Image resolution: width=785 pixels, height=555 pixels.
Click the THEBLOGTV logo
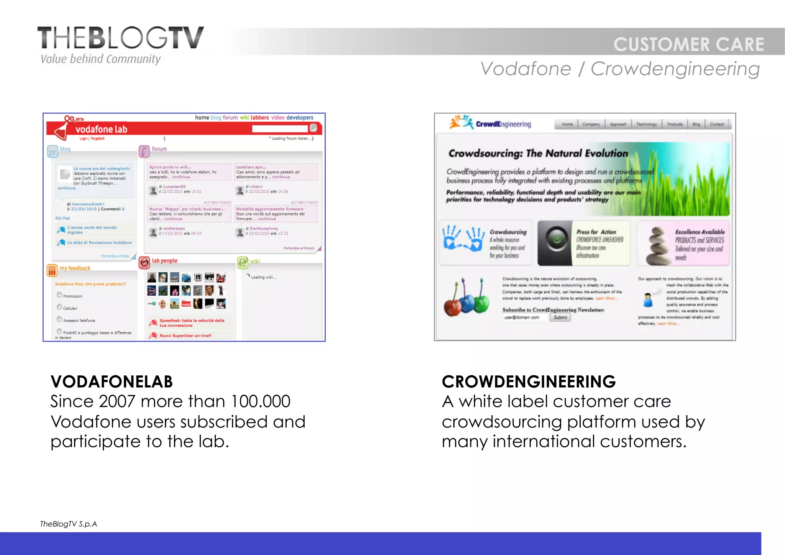120,38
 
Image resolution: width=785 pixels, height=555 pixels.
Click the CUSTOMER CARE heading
688,44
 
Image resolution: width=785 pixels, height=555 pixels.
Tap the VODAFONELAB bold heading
112,381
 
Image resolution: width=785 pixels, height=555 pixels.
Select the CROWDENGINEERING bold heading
529,381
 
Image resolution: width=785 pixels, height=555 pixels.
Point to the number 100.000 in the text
261,401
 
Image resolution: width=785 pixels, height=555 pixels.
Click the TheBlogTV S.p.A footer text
69,524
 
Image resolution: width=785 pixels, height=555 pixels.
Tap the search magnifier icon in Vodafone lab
313,128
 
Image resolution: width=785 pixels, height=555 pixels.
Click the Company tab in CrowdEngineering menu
591,124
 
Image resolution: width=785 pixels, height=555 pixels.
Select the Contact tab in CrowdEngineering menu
716,124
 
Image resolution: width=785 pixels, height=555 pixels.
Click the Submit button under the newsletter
560,318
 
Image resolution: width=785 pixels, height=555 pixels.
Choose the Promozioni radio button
59,295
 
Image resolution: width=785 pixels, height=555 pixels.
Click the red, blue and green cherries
466,299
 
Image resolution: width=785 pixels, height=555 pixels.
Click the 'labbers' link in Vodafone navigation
259,118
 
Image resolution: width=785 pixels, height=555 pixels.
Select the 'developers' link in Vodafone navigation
300,118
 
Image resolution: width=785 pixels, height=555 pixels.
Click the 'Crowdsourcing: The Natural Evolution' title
538,154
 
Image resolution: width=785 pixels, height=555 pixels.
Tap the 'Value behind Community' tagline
100,59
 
